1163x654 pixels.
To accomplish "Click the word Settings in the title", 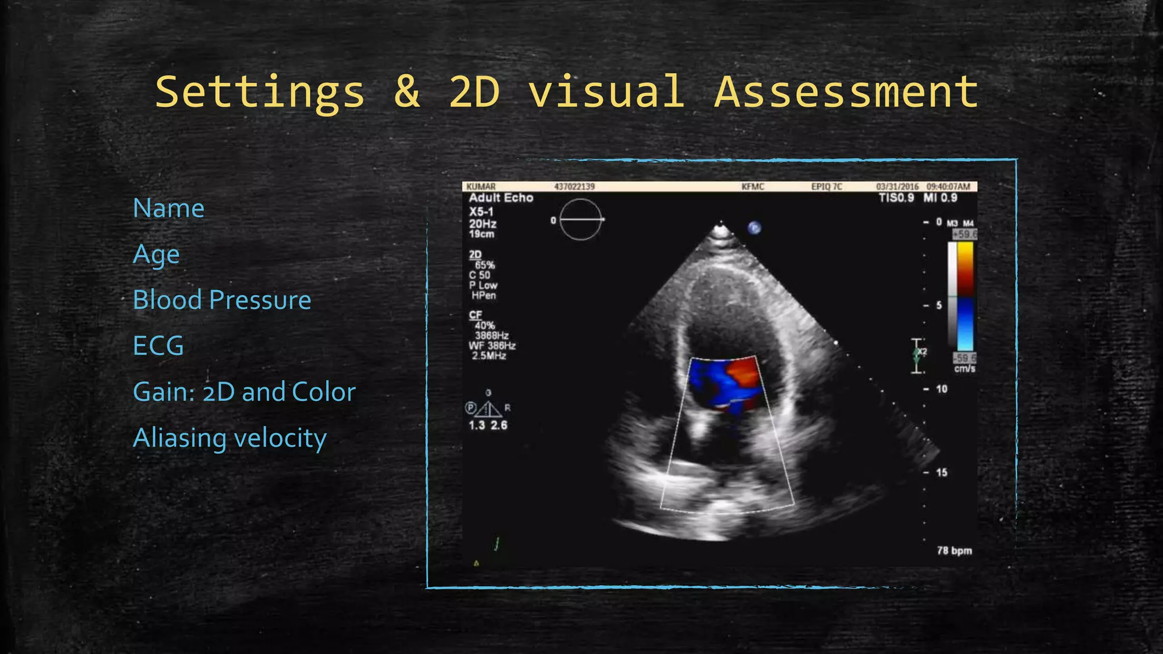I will coord(260,93).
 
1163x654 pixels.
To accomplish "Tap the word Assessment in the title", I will coord(846,93).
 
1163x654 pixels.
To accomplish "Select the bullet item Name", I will coord(168,208).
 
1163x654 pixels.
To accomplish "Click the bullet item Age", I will coord(156,254).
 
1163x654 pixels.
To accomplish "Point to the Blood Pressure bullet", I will coord(221,300).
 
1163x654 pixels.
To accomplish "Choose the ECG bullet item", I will coord(158,346).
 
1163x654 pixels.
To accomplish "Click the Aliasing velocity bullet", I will coord(229,438).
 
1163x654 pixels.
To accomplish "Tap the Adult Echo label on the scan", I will coord(501,198).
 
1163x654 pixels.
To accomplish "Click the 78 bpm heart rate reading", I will coord(954,551).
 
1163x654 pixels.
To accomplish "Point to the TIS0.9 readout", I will coord(896,198).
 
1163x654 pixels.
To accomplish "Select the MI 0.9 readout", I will coord(940,198).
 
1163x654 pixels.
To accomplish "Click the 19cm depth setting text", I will coord(482,234).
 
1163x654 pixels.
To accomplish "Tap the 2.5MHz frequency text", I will coord(488,356).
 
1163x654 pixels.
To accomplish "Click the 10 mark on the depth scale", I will coord(942,389).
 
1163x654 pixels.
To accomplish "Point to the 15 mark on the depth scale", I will coord(942,472).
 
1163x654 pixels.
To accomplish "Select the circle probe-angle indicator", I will coord(580,220).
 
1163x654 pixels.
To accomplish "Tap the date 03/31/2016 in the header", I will coord(897,187).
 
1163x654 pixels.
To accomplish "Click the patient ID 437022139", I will coord(574,187).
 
